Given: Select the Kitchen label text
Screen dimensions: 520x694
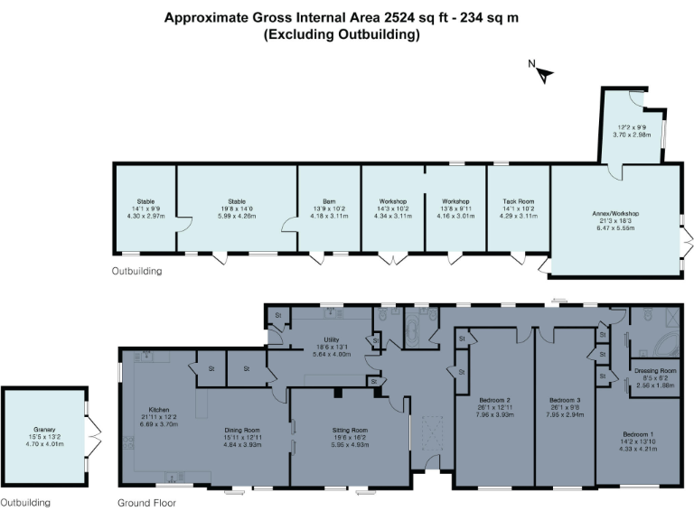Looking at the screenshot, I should coord(151,406).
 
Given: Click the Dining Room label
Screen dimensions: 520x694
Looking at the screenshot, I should coord(242,430).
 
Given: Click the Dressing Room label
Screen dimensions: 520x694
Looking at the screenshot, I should coord(656,370).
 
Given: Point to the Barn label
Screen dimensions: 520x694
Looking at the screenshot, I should coord(329,202).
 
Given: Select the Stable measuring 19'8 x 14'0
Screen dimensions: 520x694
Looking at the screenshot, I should coord(237,202).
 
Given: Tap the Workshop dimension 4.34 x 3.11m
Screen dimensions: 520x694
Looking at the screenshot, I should coord(392,216).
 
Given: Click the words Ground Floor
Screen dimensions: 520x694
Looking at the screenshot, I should coord(146,503).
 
